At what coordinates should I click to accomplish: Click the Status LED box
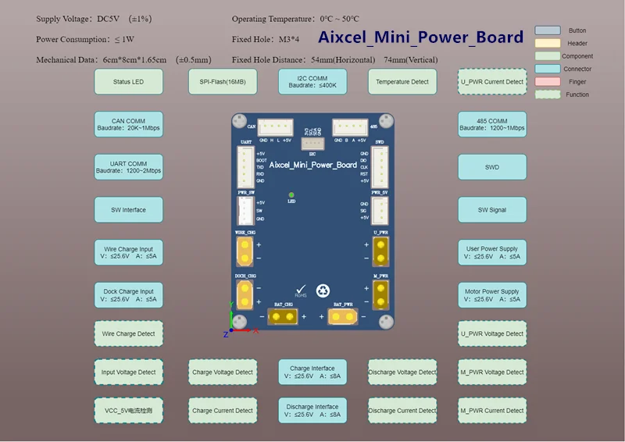[129, 81]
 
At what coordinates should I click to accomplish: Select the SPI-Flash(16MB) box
[223, 81]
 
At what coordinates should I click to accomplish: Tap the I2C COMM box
[312, 81]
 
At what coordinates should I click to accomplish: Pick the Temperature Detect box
[402, 81]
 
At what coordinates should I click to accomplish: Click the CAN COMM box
[129, 124]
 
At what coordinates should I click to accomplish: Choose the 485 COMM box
[492, 124]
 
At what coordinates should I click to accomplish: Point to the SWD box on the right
[492, 167]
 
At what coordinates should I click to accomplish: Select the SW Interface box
[129, 209]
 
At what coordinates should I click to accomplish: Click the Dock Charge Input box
[129, 294]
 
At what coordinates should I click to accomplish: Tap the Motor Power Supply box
[492, 294]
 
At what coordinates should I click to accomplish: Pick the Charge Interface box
[312, 372]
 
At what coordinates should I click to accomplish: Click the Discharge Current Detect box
[402, 410]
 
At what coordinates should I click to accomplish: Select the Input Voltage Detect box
[129, 372]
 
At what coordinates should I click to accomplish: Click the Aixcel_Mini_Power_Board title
[420, 37]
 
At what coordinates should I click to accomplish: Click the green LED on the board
[291, 195]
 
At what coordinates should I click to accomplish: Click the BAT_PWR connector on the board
[343, 316]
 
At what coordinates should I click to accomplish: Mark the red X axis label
[255, 330]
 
